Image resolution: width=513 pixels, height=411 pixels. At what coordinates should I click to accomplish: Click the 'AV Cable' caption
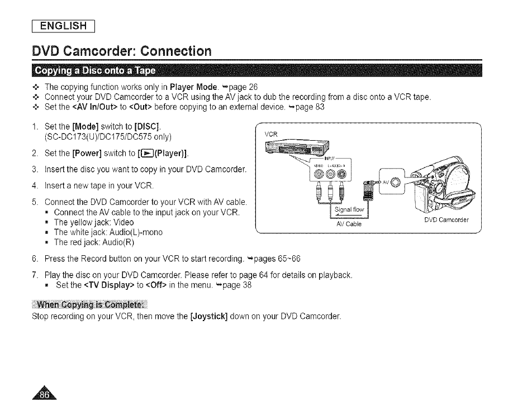349,224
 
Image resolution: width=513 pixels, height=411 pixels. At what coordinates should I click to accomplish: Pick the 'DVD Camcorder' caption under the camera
446,219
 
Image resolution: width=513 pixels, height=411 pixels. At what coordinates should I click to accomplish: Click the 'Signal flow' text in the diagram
350,211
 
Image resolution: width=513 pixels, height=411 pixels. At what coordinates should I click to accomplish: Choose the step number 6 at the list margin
36,260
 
